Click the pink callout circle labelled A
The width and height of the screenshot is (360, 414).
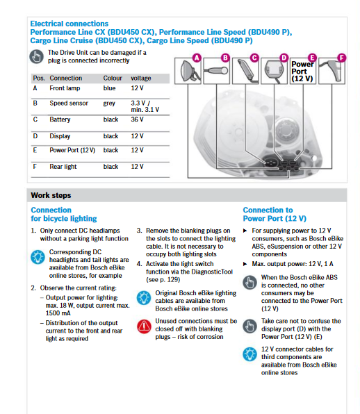click(x=197, y=58)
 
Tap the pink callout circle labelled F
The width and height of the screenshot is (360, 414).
click(x=342, y=58)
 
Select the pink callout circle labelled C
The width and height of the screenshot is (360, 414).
click(x=254, y=58)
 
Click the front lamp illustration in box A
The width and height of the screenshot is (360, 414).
click(x=188, y=72)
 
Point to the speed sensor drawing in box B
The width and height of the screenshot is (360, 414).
click(x=216, y=70)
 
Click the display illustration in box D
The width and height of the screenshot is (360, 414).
click(x=274, y=70)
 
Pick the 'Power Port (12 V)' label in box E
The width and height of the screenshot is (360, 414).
click(x=302, y=72)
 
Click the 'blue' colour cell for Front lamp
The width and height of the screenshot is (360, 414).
click(x=109, y=88)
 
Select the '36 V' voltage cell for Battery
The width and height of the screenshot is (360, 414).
click(x=137, y=119)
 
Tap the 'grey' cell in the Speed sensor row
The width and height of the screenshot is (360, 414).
click(x=109, y=104)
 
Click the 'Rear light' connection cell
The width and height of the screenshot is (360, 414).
click(x=63, y=167)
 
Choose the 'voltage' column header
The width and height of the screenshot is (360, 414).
click(x=141, y=78)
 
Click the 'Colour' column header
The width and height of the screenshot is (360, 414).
click(x=113, y=78)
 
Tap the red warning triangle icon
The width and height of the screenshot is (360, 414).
click(x=145, y=326)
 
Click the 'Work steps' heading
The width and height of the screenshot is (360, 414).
click(x=51, y=195)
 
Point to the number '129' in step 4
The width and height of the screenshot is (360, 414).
click(x=173, y=280)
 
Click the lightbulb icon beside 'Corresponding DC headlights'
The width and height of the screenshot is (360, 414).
click(x=38, y=257)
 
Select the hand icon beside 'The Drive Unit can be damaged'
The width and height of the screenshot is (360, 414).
click(x=36, y=56)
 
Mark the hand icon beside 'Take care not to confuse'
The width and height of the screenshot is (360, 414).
click(x=249, y=326)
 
